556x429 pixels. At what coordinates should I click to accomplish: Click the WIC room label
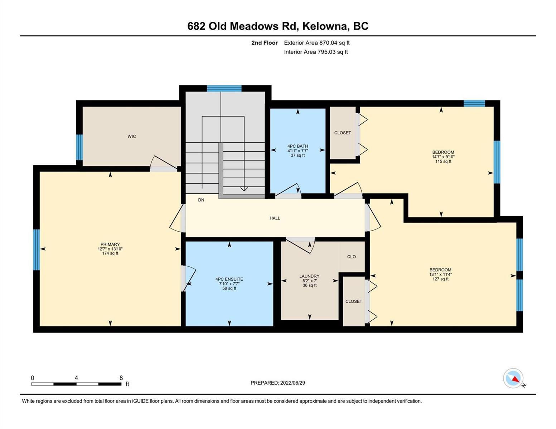point(131,136)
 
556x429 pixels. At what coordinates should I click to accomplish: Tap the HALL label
point(275,218)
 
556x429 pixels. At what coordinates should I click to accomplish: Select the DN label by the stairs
point(201,200)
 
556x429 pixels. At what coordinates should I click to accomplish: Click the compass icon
point(513,378)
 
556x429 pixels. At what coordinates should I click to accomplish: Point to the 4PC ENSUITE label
point(229,279)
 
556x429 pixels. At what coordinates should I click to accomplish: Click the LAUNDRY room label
point(309,276)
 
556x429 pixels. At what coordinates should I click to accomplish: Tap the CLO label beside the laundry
point(351,257)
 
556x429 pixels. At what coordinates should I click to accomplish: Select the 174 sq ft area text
point(110,253)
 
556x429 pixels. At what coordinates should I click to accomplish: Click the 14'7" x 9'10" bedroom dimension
point(443,157)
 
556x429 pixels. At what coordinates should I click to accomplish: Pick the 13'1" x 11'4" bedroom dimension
point(440,275)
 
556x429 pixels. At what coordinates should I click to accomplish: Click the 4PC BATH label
point(298,146)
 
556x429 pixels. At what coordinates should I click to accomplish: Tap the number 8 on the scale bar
point(121,378)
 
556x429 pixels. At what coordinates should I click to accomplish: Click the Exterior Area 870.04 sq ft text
point(317,43)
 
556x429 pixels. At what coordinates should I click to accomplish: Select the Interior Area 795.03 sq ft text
point(316,52)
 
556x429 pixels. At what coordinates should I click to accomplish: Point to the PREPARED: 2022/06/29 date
point(277,383)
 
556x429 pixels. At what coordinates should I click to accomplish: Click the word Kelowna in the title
point(326,26)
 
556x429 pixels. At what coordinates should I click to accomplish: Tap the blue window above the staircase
point(224,88)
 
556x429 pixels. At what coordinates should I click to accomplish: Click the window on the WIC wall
point(79,147)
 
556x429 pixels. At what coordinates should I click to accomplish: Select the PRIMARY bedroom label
point(110,244)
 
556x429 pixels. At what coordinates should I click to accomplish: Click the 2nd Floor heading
point(264,43)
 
